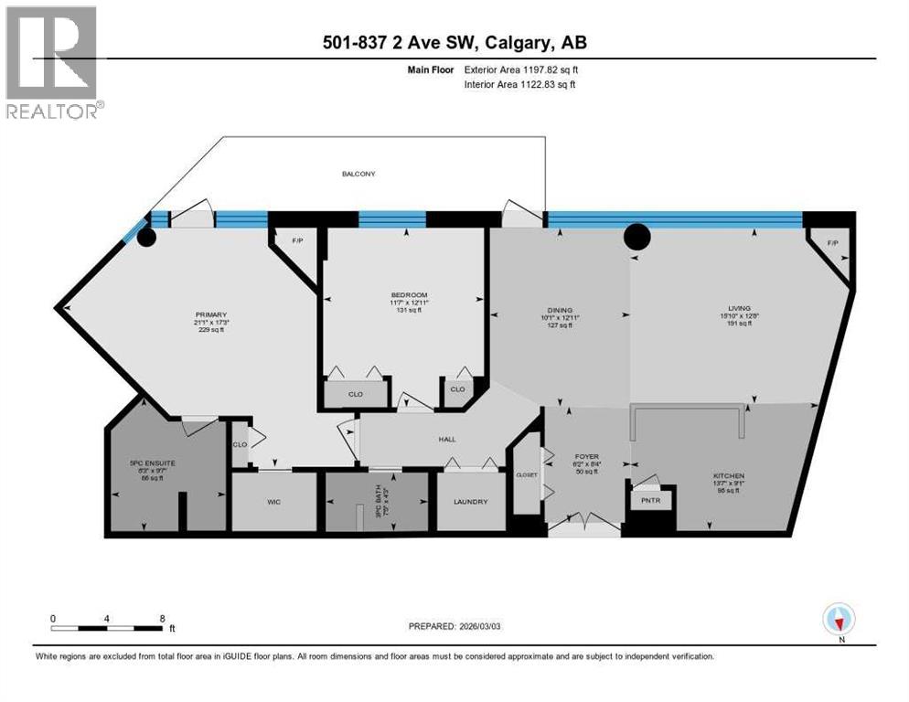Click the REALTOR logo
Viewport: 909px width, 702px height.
(x=53, y=62)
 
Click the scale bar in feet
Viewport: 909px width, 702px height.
(x=108, y=627)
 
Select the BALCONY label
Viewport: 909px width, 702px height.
(x=358, y=174)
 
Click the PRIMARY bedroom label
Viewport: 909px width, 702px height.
(x=209, y=311)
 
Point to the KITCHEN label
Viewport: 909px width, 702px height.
(x=729, y=476)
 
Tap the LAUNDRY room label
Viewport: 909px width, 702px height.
(x=470, y=502)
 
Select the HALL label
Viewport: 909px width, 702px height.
(x=446, y=440)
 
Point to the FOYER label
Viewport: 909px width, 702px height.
(x=585, y=453)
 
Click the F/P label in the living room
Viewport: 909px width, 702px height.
(x=832, y=244)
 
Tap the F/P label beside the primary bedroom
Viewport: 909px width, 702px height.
(x=296, y=241)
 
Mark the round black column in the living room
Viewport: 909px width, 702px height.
(x=636, y=237)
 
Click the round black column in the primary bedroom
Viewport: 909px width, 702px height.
(x=145, y=237)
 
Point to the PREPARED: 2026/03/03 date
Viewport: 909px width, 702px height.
(x=454, y=626)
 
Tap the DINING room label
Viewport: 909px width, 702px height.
(x=559, y=311)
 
